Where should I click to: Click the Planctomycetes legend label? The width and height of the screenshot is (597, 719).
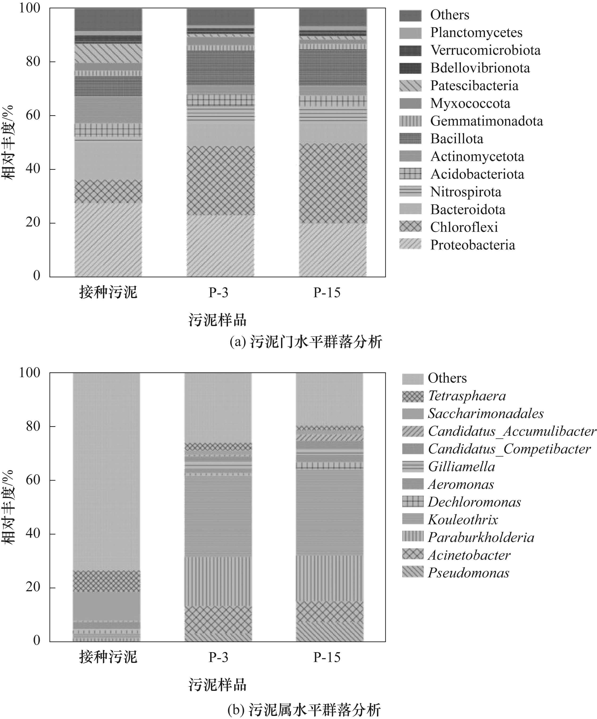476,33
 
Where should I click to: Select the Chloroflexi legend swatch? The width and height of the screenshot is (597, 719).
410,227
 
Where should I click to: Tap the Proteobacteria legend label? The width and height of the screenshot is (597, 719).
472,245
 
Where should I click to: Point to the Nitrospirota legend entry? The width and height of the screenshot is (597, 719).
466,192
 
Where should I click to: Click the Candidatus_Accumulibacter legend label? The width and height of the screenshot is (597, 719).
512,431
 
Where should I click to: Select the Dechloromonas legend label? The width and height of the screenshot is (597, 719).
474,502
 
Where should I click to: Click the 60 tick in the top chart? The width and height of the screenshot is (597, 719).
33,116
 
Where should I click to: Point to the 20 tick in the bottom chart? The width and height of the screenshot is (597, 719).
33,587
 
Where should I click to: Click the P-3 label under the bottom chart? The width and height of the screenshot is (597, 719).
218,657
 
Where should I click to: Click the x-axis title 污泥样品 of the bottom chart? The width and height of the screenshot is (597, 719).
218,685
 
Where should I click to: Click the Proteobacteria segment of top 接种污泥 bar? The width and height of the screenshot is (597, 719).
108,240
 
